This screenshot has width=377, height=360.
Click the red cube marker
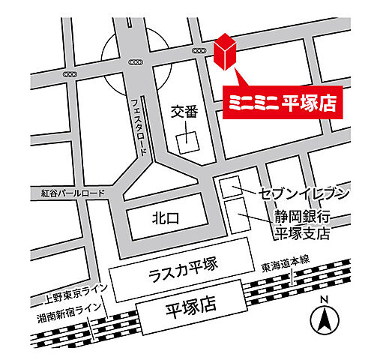226,52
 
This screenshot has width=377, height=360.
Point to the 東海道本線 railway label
286,266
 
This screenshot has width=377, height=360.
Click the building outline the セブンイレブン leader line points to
230,188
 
